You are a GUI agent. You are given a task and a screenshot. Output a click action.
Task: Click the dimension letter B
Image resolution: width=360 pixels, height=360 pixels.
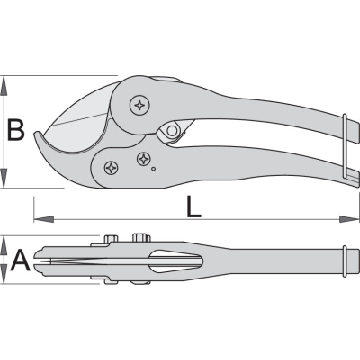16,130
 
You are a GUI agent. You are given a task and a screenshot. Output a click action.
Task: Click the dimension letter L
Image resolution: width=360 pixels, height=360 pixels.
193,207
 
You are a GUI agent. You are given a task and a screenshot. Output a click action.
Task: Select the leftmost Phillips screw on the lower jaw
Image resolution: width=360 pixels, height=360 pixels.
111,168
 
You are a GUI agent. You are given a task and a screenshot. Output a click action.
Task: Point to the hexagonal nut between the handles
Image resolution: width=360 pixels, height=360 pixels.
171,131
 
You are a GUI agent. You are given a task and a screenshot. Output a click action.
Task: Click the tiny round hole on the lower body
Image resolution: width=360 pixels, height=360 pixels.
153,169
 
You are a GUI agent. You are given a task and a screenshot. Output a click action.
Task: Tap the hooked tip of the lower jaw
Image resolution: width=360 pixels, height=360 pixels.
38,137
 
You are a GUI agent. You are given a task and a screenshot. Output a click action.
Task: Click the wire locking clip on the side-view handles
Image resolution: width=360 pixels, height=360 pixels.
344,146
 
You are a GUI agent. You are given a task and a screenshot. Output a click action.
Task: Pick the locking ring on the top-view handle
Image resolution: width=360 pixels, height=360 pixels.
345,261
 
